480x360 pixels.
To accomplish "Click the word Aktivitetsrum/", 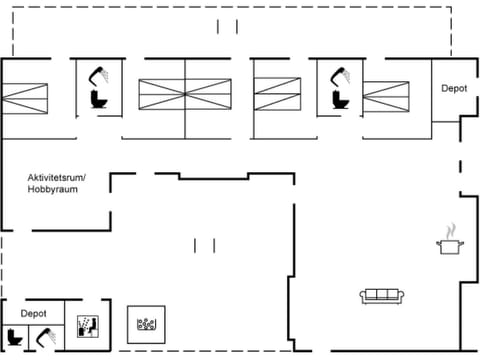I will click(x=57, y=178).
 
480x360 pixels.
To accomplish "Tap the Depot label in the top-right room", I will click(x=454, y=88).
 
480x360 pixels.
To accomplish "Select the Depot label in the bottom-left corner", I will click(x=34, y=313).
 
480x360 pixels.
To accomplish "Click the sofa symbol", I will click(x=381, y=295).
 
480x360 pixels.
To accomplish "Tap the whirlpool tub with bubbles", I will click(x=147, y=323).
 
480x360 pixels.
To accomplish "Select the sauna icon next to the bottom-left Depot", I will click(x=86, y=325).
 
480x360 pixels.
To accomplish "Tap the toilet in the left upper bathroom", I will click(x=98, y=101).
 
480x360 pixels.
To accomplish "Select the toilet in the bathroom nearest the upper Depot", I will click(x=337, y=101).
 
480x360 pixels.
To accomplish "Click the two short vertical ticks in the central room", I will click(x=205, y=245).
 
